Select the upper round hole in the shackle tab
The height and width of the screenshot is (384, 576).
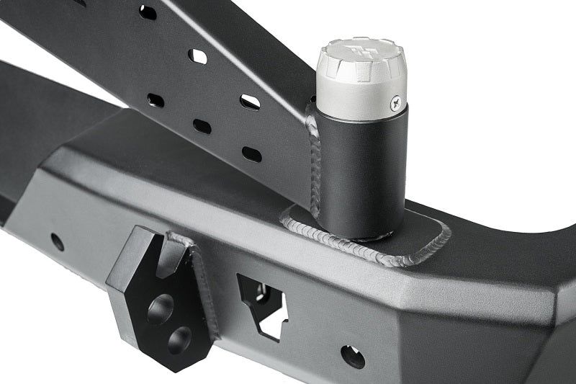coord(160,308)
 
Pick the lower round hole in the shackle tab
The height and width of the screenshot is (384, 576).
coord(179,339)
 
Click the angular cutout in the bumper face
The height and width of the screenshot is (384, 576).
coord(264,303)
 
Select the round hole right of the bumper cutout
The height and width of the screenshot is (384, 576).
coord(352,356)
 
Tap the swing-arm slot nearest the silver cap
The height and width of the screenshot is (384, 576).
coord(250,102)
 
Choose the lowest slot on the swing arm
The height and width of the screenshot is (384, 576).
coord(251,153)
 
